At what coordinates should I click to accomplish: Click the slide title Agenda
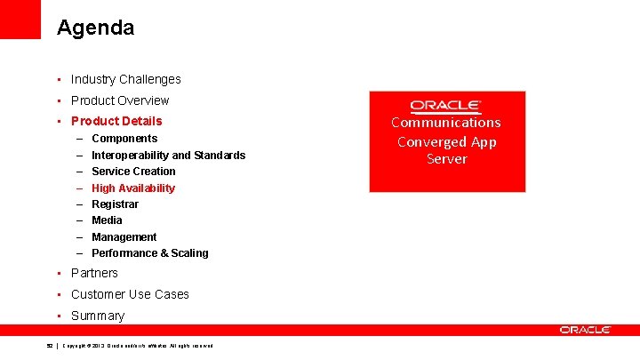[x=95, y=28]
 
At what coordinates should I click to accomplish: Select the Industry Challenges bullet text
[x=125, y=79]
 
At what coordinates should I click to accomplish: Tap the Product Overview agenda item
[x=119, y=100]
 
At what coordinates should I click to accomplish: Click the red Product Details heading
[x=116, y=121]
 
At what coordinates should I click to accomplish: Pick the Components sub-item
[x=124, y=139]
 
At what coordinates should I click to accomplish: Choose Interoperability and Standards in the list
[x=168, y=156]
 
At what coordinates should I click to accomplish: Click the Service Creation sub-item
[x=133, y=172]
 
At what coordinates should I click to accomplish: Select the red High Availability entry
[x=133, y=188]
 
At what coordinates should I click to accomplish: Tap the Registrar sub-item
[x=115, y=204]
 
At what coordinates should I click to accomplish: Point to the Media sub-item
[x=107, y=220]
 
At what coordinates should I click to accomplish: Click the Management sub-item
[x=124, y=237]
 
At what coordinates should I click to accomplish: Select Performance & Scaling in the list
[x=149, y=253]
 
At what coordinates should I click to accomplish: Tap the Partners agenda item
[x=94, y=273]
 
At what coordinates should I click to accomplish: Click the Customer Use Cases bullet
[x=130, y=294]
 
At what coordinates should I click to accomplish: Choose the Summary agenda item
[x=98, y=316]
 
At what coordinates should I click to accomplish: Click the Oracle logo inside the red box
[x=446, y=106]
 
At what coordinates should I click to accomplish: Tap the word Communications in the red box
[x=446, y=123]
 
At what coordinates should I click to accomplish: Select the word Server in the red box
[x=446, y=159]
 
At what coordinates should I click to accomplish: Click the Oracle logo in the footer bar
[x=585, y=330]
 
